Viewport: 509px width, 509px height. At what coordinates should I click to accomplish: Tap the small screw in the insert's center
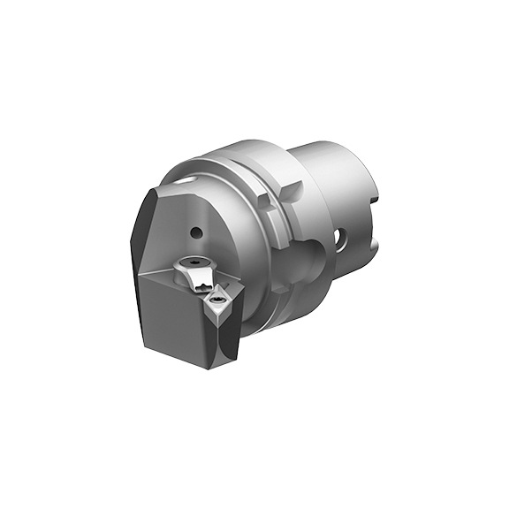click(215, 307)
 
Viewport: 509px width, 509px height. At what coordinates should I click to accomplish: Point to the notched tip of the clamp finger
click(204, 285)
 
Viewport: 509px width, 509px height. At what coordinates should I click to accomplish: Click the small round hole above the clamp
click(196, 233)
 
